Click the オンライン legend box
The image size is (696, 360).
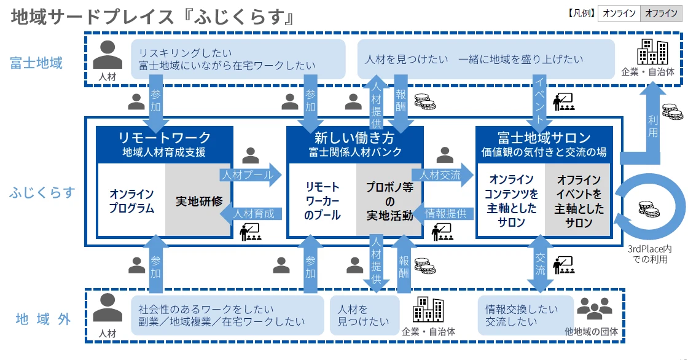[619, 14]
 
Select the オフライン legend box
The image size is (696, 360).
[661, 14]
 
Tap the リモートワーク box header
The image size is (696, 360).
[164, 143]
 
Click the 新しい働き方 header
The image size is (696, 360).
[355, 143]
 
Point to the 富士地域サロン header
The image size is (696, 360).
[544, 143]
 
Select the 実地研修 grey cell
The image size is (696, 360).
[199, 200]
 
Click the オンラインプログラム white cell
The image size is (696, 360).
[131, 200]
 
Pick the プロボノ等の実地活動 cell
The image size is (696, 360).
[389, 200]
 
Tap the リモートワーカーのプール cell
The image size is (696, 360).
[322, 200]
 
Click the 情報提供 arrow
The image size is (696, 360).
[445, 214]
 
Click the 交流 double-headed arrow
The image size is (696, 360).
[540, 265]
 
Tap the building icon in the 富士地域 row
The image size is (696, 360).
[652, 52]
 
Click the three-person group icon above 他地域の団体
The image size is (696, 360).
[594, 309]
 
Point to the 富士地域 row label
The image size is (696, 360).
[36, 63]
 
